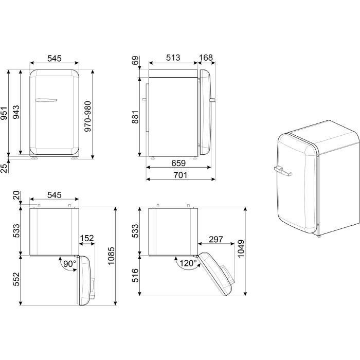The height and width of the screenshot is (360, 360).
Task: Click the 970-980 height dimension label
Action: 88,116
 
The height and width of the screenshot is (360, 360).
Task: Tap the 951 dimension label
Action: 4,114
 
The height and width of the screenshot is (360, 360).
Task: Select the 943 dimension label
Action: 16,112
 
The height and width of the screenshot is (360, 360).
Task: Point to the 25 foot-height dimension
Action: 4,168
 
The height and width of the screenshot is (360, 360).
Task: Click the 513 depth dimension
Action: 173,58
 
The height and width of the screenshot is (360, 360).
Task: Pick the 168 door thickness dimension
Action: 206,58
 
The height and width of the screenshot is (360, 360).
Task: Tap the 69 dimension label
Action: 135,60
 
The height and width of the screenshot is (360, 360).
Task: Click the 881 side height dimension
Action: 135,117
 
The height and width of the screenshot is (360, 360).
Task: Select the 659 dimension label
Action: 178,163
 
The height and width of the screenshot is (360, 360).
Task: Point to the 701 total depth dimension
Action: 180,175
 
